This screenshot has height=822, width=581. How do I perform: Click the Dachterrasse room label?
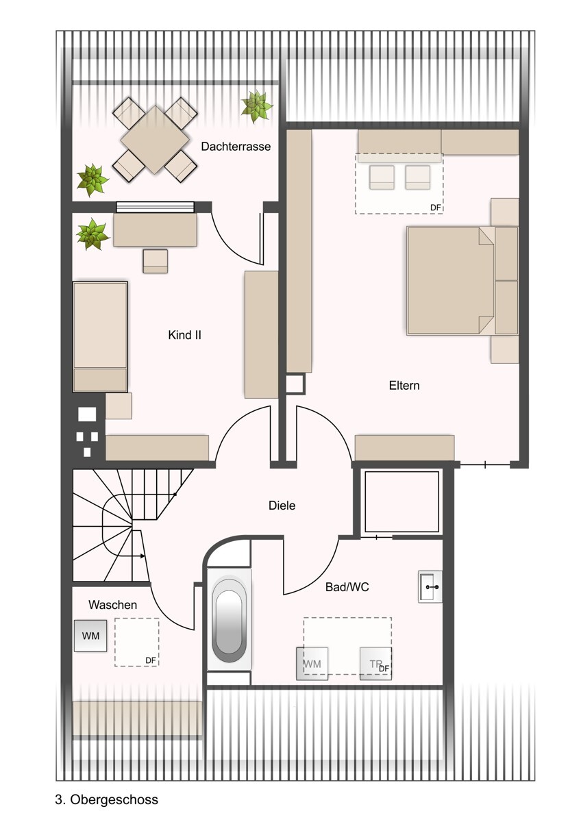click(x=236, y=147)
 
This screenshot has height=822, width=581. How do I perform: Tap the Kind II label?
click(x=184, y=335)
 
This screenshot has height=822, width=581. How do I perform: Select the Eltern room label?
click(x=404, y=386)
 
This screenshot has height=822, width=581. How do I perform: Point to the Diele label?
click(x=282, y=506)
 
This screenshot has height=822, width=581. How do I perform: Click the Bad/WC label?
click(x=347, y=587)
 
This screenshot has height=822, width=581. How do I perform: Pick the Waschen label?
click(x=112, y=605)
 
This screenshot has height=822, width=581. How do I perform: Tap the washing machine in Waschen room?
click(x=90, y=636)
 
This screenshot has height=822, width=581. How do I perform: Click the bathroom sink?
click(x=430, y=587)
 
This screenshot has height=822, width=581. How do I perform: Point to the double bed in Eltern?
click(x=450, y=281)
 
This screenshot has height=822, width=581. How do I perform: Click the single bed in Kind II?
click(x=100, y=337)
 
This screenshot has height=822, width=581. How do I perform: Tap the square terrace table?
click(x=155, y=140)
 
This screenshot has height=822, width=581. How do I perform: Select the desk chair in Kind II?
click(x=156, y=261)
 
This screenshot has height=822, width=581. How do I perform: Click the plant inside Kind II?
click(x=92, y=234)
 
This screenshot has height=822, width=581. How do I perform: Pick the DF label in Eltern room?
click(x=436, y=208)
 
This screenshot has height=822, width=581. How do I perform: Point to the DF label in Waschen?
click(x=151, y=660)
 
